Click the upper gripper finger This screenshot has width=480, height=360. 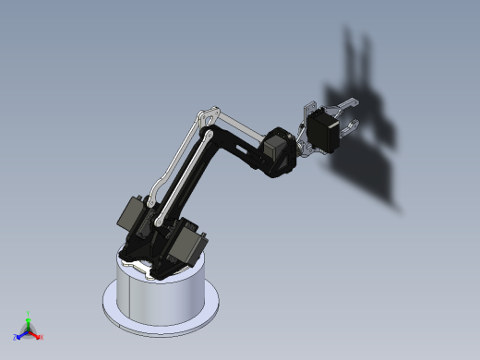point(347,101)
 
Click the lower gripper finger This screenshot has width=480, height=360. point(351,128)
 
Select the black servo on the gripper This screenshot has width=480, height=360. point(323,130)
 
